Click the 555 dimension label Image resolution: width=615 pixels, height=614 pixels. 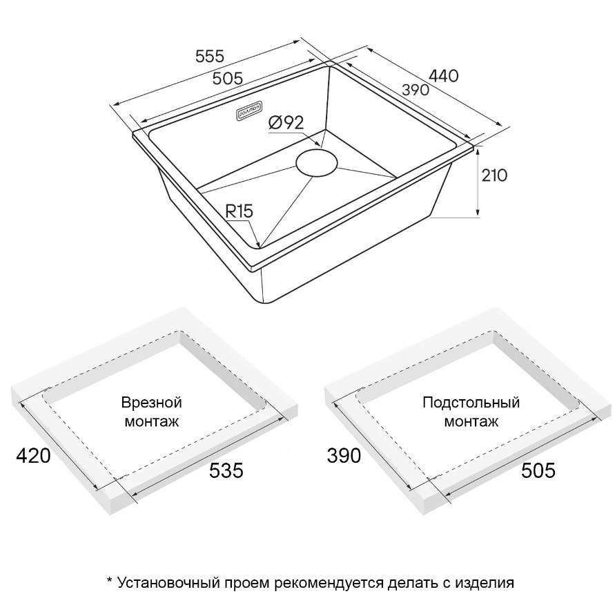210,57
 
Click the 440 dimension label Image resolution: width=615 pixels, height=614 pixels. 444,76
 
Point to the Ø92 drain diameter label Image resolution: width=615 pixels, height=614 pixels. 286,123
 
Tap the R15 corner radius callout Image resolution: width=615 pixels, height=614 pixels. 239,212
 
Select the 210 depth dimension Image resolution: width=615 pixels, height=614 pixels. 494,175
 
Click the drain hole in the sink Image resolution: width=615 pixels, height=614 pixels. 317,162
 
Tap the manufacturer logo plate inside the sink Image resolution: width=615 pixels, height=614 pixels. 251,110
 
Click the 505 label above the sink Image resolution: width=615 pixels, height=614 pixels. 228,79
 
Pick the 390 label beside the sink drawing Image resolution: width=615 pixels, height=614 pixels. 416,90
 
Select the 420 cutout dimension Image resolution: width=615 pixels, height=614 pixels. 33,456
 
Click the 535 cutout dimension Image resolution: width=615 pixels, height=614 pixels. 226,470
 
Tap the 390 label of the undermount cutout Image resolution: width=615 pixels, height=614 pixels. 344,456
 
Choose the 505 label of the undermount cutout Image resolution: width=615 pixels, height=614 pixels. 538,470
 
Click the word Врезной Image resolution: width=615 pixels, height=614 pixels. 151,403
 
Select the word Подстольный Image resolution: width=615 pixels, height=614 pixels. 471,403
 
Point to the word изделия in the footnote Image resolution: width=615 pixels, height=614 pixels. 484,583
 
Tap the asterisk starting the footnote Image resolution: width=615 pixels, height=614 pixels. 110,579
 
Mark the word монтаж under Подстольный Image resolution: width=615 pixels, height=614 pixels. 471,421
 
